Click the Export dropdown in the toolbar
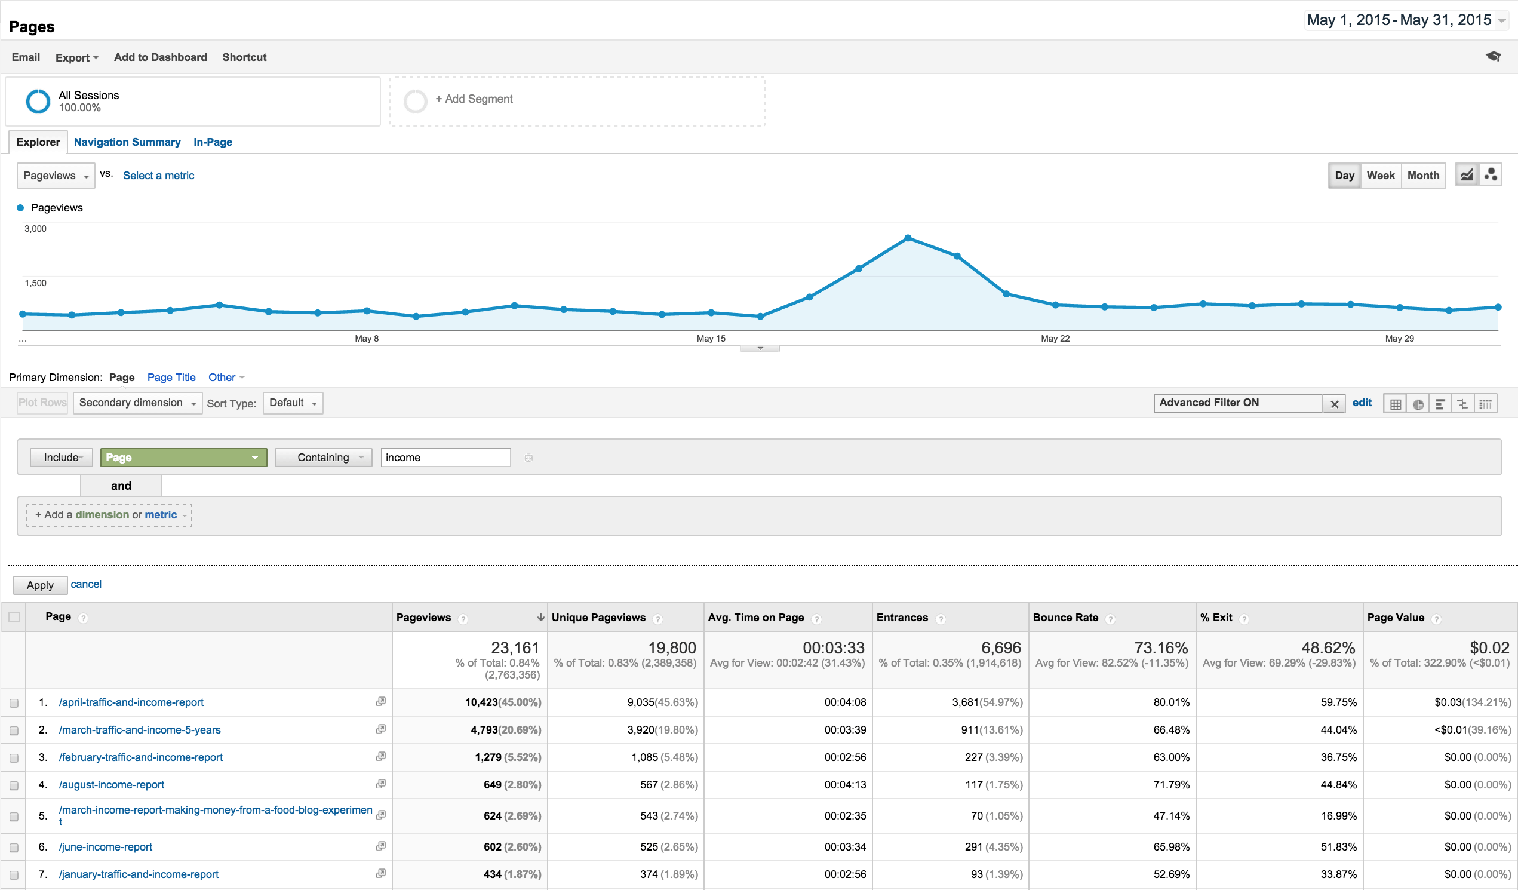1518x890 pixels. click(76, 57)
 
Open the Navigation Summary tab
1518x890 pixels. click(127, 142)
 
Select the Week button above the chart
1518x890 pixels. click(1380, 176)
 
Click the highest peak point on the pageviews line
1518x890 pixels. click(908, 238)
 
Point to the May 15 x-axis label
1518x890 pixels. click(711, 339)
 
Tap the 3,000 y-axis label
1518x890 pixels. click(35, 229)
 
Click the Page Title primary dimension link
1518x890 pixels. click(171, 378)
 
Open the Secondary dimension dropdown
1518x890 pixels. click(137, 403)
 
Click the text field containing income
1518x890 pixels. click(445, 458)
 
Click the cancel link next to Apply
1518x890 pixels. click(86, 585)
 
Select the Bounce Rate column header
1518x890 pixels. click(1065, 618)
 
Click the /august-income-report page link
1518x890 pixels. click(112, 785)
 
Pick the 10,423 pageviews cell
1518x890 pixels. click(481, 702)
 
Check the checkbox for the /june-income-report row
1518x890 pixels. click(14, 848)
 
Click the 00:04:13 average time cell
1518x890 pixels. click(845, 785)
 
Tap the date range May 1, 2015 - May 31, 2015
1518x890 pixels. click(1399, 20)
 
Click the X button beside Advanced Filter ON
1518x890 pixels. click(1334, 404)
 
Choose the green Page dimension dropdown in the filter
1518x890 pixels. click(183, 458)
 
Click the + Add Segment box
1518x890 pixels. click(577, 100)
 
